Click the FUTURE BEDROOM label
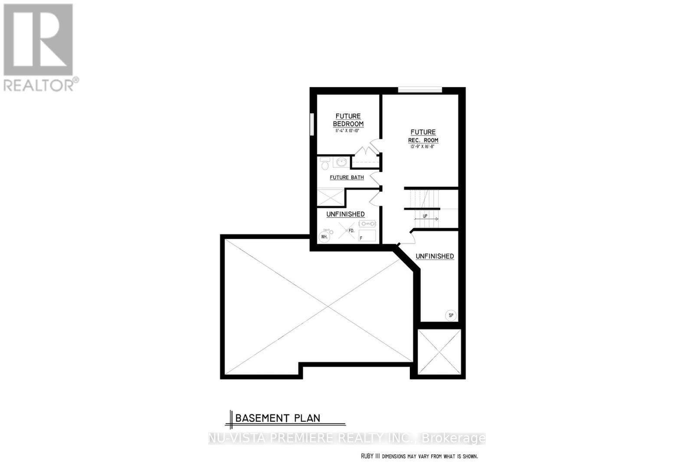[348, 120]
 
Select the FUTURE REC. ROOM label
[423, 136]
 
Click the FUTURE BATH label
[347, 177]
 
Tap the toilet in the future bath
[324, 164]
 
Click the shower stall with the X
[331, 197]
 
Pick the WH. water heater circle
[324, 237]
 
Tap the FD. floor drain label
[351, 231]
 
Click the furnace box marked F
[367, 236]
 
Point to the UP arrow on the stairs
[426, 217]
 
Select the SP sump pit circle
[451, 315]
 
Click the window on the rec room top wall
[420, 90]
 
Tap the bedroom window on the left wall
[312, 124]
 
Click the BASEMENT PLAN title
[278, 418]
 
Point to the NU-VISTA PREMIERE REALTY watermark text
[347, 438]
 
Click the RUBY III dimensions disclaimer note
[419, 456]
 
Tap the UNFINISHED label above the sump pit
[435, 256]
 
